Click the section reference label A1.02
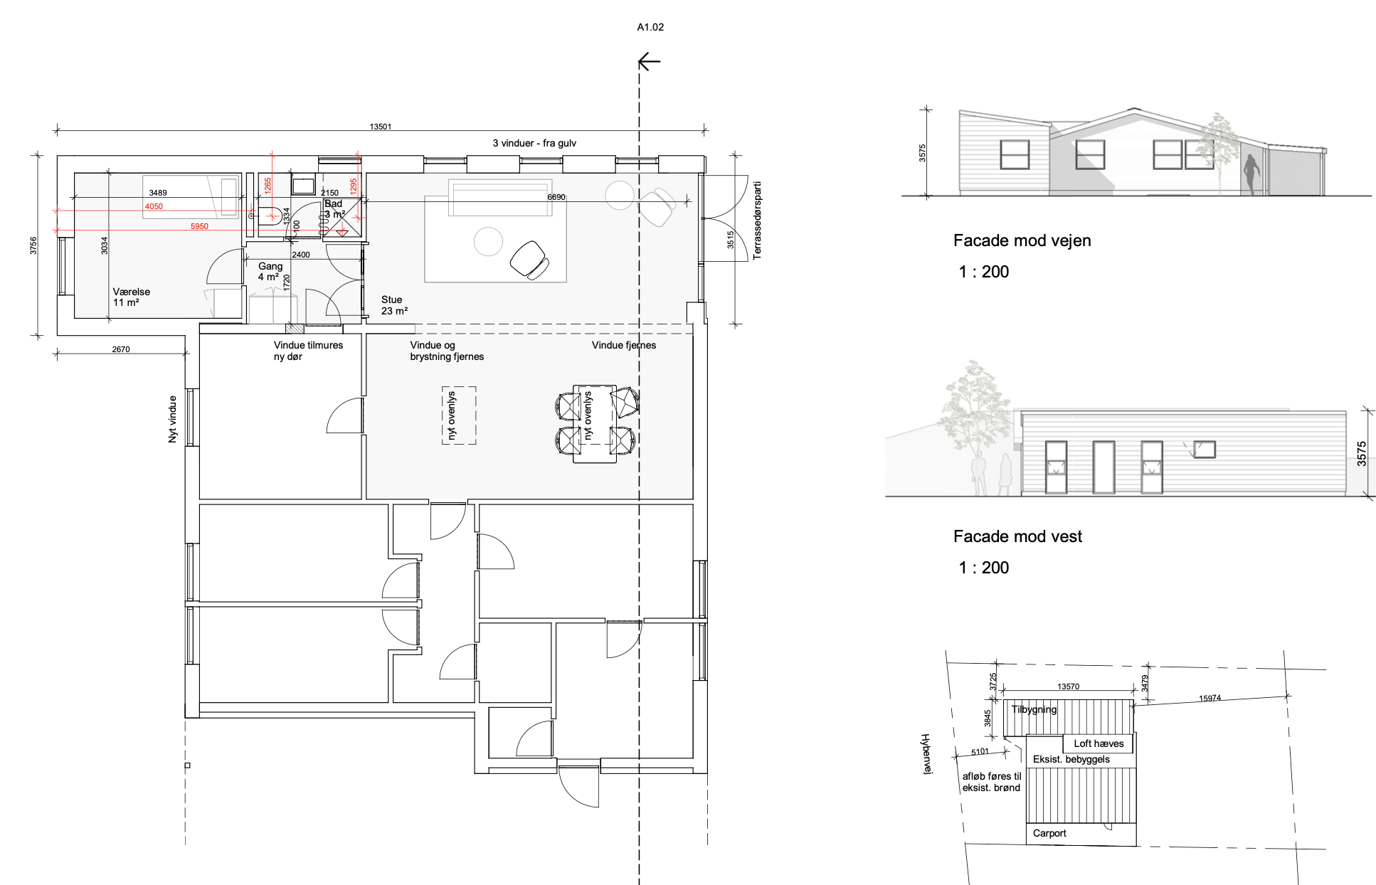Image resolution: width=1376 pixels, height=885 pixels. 650,27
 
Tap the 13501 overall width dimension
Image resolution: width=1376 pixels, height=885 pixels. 381,127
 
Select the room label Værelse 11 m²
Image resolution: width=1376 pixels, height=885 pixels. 132,297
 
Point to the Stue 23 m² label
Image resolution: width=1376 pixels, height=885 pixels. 394,305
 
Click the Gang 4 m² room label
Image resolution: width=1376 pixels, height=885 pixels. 270,271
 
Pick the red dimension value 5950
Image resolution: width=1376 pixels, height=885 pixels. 199,226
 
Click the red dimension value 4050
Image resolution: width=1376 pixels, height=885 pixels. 154,206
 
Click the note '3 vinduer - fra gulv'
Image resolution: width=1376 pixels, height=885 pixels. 534,143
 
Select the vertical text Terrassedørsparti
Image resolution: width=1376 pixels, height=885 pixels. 757,221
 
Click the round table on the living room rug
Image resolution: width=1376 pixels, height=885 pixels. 488,241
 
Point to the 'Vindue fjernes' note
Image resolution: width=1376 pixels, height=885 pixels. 624,345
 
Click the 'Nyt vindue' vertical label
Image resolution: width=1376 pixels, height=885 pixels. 172,419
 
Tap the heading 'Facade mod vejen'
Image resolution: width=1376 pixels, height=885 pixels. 1022,240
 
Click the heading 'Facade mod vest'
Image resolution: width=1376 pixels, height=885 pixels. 1017,536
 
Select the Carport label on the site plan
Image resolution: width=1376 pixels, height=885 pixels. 1049,833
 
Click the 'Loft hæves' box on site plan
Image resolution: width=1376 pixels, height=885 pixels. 1099,743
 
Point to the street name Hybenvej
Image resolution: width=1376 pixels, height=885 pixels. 926,754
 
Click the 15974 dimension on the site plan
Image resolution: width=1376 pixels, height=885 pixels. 1210,699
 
